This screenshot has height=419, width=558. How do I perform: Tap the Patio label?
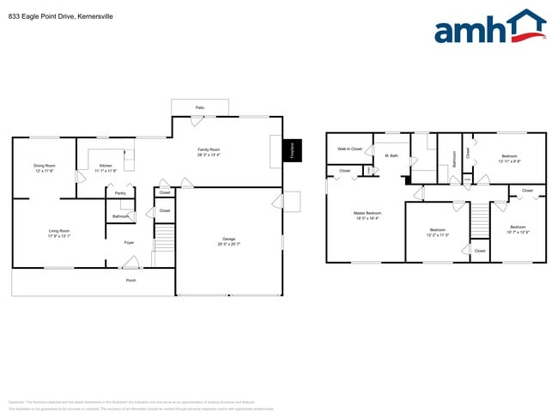[x=199, y=107]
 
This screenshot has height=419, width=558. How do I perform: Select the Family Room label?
[x=209, y=149]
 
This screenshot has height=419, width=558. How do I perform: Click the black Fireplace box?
[x=293, y=151]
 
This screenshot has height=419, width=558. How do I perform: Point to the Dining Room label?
[x=45, y=165]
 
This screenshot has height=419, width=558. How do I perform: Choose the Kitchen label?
[x=106, y=165]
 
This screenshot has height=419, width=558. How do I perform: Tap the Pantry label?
[x=121, y=193]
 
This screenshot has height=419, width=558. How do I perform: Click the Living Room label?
[x=59, y=230]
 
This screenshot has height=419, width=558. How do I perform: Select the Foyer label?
[x=129, y=243]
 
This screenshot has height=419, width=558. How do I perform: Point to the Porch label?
[x=131, y=280]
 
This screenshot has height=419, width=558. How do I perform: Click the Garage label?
[x=229, y=239]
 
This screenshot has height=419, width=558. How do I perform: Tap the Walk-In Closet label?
[x=349, y=149]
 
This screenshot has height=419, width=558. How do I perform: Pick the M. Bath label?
[x=391, y=155]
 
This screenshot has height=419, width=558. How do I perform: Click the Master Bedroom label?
[x=367, y=213]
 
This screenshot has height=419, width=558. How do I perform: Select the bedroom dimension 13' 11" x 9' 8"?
[x=510, y=161]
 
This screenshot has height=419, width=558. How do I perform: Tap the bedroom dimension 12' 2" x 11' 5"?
[x=438, y=234]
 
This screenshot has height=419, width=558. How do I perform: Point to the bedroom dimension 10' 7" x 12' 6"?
[x=519, y=232]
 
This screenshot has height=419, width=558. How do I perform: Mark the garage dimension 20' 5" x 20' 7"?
[x=229, y=245]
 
